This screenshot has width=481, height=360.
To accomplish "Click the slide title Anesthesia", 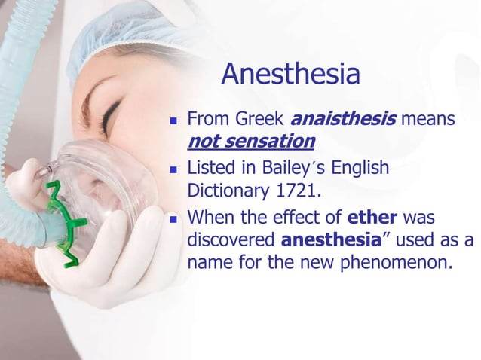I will point(290,75).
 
